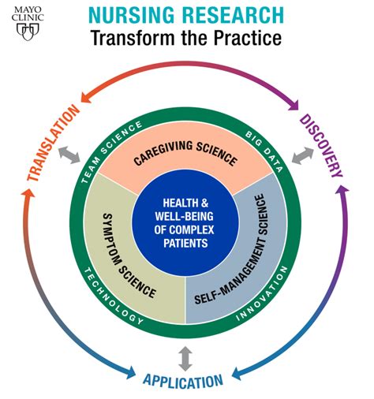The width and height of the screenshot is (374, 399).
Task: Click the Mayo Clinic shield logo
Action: point(28,32)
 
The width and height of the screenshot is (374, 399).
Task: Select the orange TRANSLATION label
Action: point(54,143)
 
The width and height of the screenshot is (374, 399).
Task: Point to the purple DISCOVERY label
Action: point(321,146)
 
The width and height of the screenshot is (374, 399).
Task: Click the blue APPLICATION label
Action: point(183,382)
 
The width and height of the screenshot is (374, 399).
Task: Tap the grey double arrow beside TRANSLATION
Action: point(69,155)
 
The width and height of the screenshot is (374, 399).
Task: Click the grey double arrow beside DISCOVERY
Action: point(303,156)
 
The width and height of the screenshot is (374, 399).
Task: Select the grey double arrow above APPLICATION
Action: point(185,359)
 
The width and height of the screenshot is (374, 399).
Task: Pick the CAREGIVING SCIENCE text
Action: point(185,153)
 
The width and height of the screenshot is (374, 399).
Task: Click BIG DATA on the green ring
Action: point(264,151)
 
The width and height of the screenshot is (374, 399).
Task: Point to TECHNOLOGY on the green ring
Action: point(112,297)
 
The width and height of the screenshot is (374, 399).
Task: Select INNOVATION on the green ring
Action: point(263,293)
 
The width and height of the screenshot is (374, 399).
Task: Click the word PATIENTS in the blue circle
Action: point(185,243)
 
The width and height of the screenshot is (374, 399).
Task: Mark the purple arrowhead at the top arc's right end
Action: point(294,105)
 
